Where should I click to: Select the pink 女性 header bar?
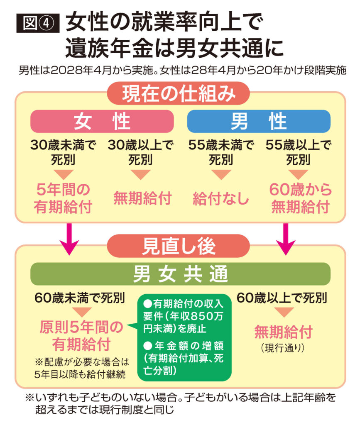pos(102,121)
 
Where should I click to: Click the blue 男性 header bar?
pos(259,121)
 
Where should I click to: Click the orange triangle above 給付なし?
pos(221,174)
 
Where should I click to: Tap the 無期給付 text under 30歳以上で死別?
pos(142,198)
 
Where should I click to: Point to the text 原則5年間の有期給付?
pos(81,336)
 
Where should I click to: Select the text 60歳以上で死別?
pos(282,298)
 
